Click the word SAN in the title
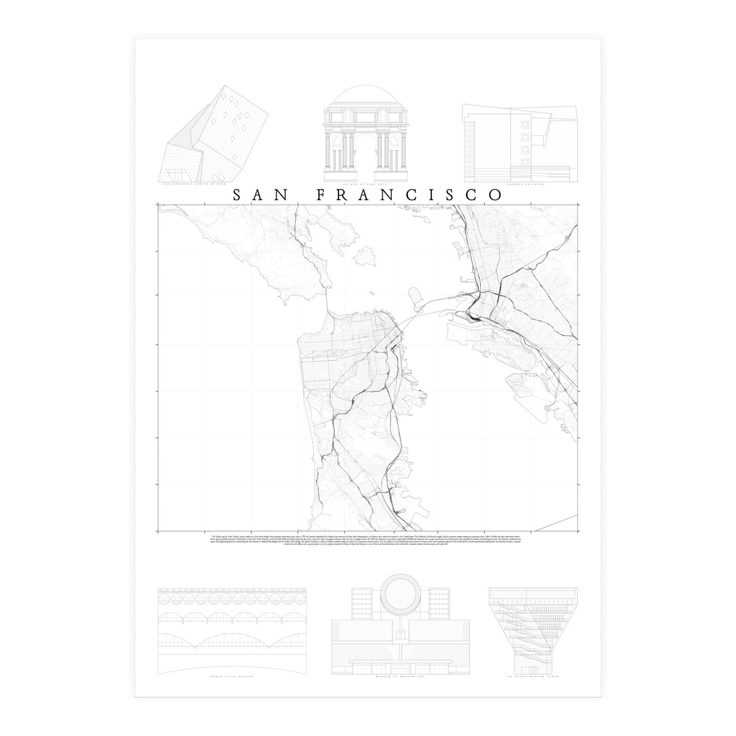261,194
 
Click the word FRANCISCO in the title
409,194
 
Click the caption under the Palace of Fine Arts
367,183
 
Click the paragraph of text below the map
367,542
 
